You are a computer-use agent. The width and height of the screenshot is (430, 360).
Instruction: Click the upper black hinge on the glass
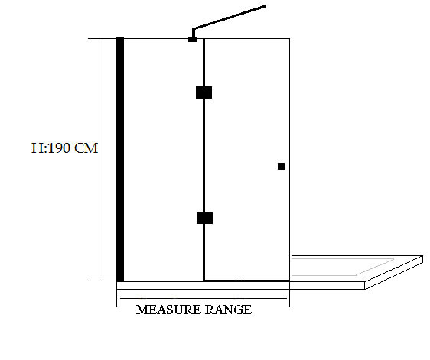coord(204,92)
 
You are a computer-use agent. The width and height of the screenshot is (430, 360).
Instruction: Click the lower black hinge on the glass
coord(204,218)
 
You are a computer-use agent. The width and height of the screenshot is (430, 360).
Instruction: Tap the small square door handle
coord(281,167)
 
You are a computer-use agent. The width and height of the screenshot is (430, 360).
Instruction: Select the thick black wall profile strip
coord(120,160)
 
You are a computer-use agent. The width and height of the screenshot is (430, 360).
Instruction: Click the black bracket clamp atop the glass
coord(193,39)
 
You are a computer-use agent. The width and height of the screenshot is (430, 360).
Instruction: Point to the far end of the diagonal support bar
coord(265,6)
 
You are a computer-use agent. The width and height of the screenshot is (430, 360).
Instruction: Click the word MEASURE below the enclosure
coord(168,310)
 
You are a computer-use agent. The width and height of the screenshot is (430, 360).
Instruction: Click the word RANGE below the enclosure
coord(228,310)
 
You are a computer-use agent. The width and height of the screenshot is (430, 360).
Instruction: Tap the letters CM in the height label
coord(86,148)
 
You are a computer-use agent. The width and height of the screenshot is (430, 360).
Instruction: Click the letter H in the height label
coord(37,148)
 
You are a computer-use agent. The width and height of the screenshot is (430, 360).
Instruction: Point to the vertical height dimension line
coord(103,160)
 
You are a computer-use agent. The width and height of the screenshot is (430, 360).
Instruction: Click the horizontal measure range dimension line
coord(204,298)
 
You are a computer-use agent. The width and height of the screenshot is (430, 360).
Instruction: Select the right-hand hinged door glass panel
coord(247,160)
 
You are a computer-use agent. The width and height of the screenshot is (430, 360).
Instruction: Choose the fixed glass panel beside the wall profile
coord(163,160)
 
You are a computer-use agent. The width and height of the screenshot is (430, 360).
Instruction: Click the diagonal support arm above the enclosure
coord(229,18)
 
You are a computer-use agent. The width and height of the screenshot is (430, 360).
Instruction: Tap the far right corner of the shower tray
coord(422,256)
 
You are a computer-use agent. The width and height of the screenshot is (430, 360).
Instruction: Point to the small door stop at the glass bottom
coord(239,281)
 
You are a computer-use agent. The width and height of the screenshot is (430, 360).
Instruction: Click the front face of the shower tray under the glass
coord(240,286)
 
